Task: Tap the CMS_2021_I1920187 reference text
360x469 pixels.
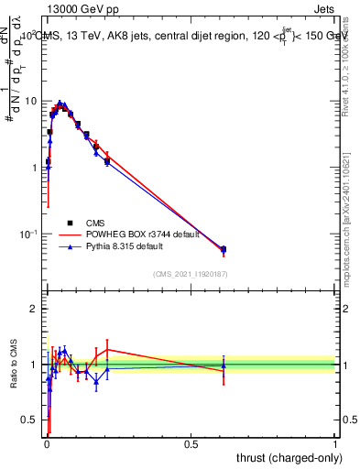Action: pyautogui.click(x=191, y=274)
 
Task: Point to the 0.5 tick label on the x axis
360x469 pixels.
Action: pyautogui.click(x=191, y=443)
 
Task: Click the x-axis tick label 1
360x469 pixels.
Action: pyautogui.click(x=335, y=443)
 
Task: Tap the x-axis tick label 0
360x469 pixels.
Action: pyautogui.click(x=47, y=443)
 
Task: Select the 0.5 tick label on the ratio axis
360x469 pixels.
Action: pyautogui.click(x=31, y=420)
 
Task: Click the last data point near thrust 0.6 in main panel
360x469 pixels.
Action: pyautogui.click(x=224, y=249)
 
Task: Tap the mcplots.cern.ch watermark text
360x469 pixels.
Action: pyautogui.click(x=346, y=229)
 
